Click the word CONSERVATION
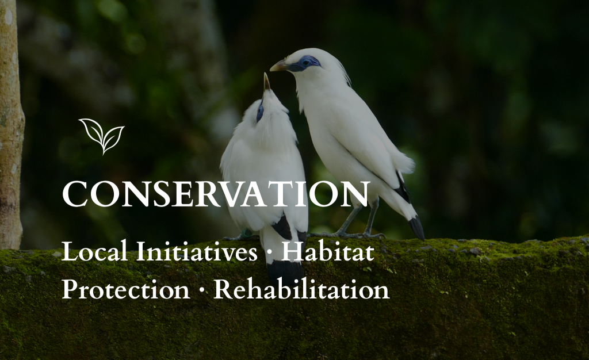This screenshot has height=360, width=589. [216, 194]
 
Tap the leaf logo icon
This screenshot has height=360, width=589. [102, 136]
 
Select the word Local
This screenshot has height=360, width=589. [94, 251]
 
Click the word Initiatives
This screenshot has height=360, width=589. [197, 251]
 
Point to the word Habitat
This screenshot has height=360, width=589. [328, 251]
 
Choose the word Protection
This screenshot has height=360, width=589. [126, 289]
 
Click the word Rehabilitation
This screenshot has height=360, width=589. [301, 289]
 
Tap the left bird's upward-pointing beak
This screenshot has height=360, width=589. [266, 82]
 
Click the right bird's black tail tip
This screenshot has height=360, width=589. [416, 228]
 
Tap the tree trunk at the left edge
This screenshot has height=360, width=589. [10, 124]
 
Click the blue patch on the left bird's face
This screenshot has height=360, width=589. [259, 113]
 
